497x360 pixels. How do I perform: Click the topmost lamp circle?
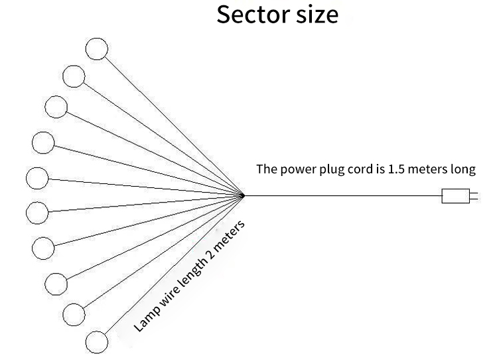pos(97,48)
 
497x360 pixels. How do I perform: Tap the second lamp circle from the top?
pos(74,76)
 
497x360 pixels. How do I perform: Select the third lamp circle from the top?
pos(56,106)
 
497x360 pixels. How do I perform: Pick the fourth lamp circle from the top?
pos(43,143)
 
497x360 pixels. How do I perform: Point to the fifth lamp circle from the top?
pos(37,179)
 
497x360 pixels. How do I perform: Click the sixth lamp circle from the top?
pos(37,213)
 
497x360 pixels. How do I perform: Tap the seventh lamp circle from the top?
pos(42,247)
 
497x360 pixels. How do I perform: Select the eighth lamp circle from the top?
pos(56,283)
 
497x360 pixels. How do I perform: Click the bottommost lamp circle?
pos(97,341)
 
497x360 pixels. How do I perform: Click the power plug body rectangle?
pos(455,196)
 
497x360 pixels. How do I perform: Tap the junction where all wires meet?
pos(244,195)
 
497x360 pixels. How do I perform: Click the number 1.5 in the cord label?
pos(396,169)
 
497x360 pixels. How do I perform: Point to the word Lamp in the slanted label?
pos(145,319)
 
